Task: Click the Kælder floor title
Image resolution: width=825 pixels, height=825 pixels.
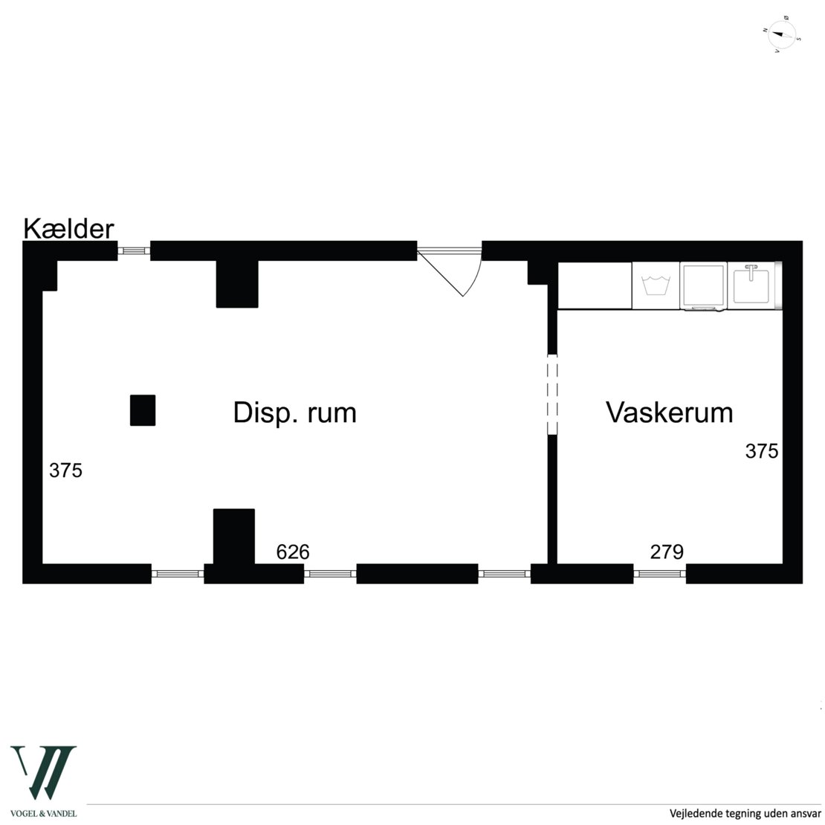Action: tap(69, 228)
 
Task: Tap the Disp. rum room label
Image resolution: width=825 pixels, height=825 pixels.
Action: tap(294, 412)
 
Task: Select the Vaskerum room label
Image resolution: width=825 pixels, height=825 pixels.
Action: tap(669, 412)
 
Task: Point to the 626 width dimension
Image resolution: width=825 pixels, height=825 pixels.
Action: tap(292, 552)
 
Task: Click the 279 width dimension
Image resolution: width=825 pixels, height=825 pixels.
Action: tap(667, 552)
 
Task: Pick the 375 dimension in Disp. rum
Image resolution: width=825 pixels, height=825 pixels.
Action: tap(65, 470)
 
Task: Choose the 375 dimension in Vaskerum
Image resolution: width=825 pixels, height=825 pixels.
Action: tap(762, 451)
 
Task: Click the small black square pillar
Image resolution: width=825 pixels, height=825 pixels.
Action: tap(143, 410)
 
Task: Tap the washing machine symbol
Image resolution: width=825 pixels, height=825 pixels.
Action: tap(656, 285)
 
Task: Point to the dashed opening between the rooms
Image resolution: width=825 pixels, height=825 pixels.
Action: tap(551, 395)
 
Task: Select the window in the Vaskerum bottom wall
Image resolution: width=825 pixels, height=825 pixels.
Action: tap(659, 574)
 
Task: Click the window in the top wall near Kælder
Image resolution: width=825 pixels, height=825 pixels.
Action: tap(135, 251)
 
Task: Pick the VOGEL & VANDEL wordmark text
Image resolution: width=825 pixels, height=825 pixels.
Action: tap(43, 813)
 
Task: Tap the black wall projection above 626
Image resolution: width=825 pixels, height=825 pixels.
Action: tap(234, 536)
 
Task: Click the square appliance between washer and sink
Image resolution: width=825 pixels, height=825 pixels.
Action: tap(703, 285)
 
